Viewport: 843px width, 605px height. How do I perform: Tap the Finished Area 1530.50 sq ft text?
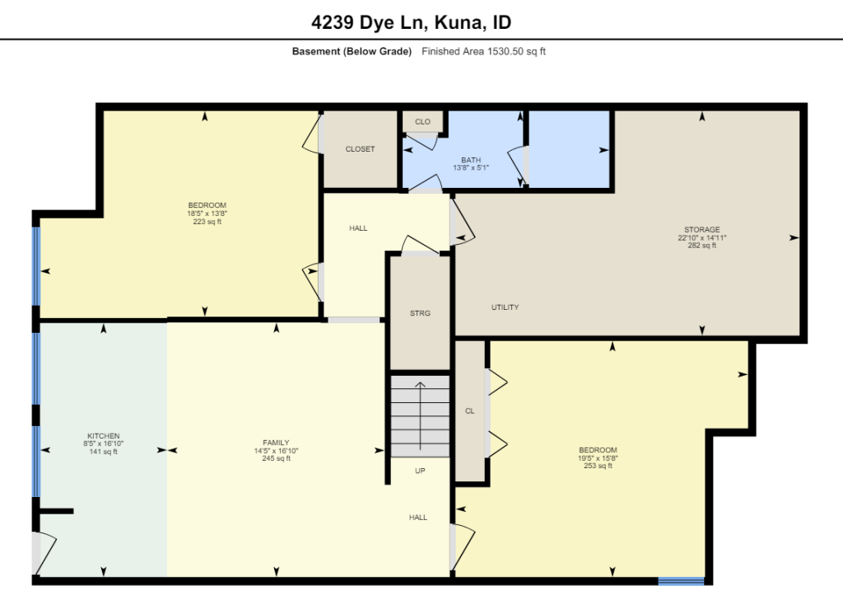(483, 52)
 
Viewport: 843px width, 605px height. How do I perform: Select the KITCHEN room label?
(104, 436)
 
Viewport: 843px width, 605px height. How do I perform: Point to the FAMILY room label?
(276, 443)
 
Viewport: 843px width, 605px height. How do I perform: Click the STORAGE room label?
(701, 230)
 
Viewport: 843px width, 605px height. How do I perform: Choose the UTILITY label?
(505, 307)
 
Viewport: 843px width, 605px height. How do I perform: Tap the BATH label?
(471, 160)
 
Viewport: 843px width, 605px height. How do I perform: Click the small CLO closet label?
(422, 122)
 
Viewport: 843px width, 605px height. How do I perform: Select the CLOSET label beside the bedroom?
(360, 149)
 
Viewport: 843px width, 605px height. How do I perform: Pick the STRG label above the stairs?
(420, 313)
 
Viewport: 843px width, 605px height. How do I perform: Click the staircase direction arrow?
(420, 415)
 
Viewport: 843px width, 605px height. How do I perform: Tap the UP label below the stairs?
(420, 471)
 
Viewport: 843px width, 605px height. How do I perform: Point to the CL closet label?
(469, 411)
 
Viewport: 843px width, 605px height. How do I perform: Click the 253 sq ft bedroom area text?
(598, 467)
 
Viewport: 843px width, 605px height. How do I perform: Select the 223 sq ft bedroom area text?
(207, 222)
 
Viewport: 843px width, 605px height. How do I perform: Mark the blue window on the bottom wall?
(681, 581)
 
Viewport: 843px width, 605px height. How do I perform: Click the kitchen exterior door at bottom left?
(42, 553)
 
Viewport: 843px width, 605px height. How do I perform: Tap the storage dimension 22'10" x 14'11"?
(701, 237)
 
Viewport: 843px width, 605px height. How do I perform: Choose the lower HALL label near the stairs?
(417, 518)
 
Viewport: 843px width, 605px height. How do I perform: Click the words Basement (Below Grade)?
(352, 52)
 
